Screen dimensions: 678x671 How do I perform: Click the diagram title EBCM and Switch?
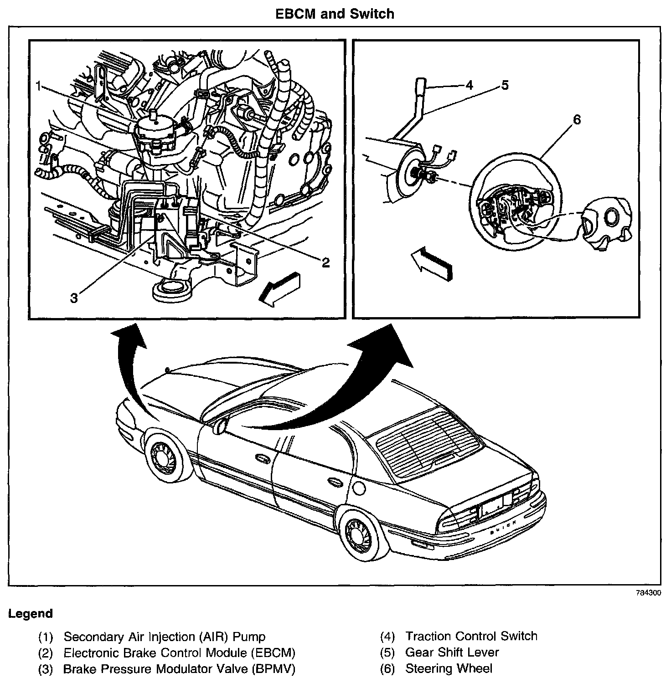tap(335, 14)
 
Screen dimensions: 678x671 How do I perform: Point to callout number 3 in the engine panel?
tap(74, 298)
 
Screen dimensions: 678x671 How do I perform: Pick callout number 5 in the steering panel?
tap(505, 85)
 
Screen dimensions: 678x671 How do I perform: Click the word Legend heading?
tap(31, 613)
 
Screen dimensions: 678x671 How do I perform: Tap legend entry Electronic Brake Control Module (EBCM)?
tap(179, 652)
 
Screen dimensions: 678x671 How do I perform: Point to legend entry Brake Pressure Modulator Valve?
tap(179, 668)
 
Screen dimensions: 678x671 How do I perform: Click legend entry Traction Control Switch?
tap(471, 636)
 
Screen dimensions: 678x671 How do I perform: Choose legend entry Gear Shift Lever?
tap(452, 652)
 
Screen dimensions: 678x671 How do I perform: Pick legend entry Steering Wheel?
tap(449, 668)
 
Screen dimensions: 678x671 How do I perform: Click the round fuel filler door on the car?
tap(359, 488)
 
